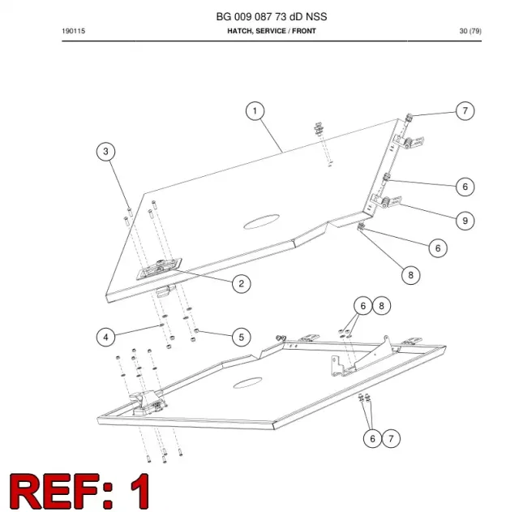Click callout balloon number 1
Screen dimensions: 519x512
(x=255, y=111)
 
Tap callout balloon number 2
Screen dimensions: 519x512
(x=242, y=284)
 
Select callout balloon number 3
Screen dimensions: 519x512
(x=105, y=152)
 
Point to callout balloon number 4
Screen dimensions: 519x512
(x=105, y=337)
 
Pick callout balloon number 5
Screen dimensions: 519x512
(x=242, y=337)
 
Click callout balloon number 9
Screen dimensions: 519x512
(x=465, y=221)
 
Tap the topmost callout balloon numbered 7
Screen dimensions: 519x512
(x=465, y=111)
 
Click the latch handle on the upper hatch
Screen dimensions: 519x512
(x=159, y=269)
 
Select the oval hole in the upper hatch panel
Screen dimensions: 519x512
(x=261, y=222)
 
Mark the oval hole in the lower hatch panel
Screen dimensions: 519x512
(x=247, y=382)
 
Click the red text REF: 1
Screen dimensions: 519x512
(x=79, y=491)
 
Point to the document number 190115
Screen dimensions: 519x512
(x=74, y=31)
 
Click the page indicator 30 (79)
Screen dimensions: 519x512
(x=470, y=31)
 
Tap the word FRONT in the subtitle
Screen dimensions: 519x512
(x=304, y=31)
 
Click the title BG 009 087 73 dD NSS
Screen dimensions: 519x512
(x=272, y=16)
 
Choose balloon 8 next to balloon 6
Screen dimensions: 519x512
(x=382, y=306)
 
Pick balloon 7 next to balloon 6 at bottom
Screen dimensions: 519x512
(x=391, y=438)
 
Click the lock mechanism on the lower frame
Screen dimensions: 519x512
(x=148, y=402)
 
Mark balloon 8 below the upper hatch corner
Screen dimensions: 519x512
(x=411, y=275)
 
